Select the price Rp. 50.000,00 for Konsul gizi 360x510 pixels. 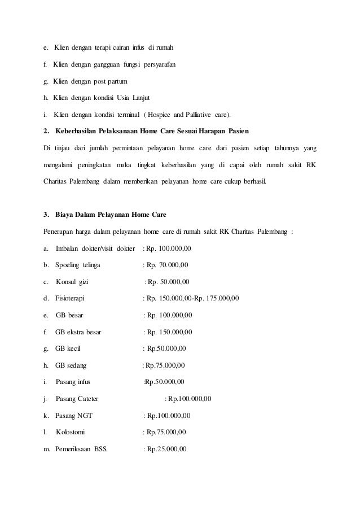(169, 281)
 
